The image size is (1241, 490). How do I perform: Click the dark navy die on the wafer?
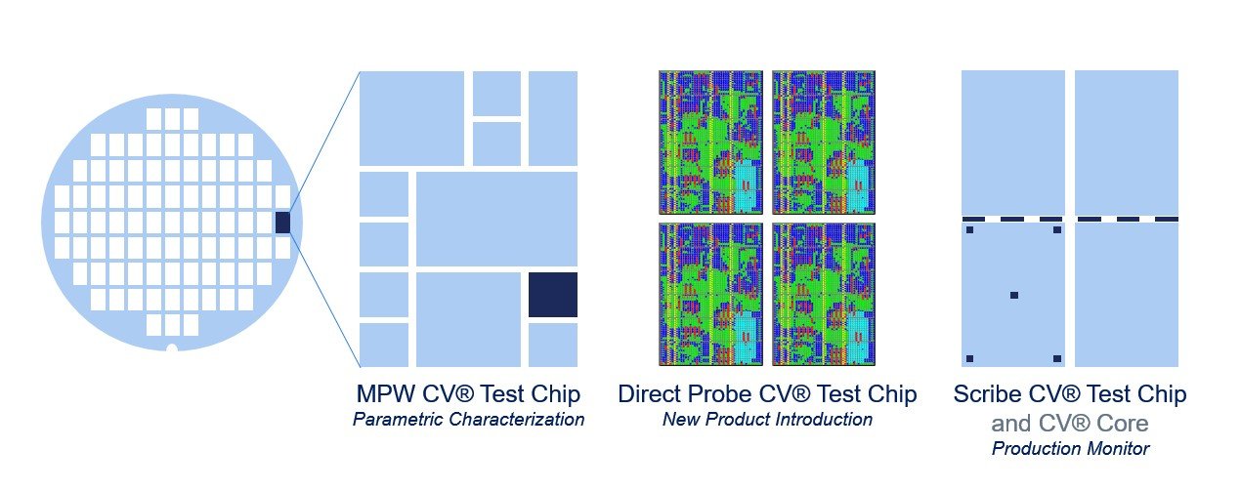click(x=282, y=222)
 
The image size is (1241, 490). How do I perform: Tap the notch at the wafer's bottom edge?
click(x=172, y=348)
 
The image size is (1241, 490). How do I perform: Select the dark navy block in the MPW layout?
click(x=553, y=295)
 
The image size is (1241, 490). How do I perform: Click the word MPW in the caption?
click(x=386, y=393)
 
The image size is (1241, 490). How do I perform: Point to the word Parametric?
click(x=398, y=419)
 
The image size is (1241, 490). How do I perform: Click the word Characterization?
click(x=516, y=419)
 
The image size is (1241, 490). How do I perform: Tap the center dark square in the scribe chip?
click(x=1014, y=295)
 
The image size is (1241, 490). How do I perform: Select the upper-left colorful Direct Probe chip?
click(x=710, y=143)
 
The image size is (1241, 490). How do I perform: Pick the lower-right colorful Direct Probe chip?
click(x=824, y=294)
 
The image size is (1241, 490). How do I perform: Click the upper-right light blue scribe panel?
click(x=1127, y=143)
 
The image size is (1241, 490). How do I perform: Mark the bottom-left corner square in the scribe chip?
click(x=969, y=359)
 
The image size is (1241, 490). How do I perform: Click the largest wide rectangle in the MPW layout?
click(x=496, y=220)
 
